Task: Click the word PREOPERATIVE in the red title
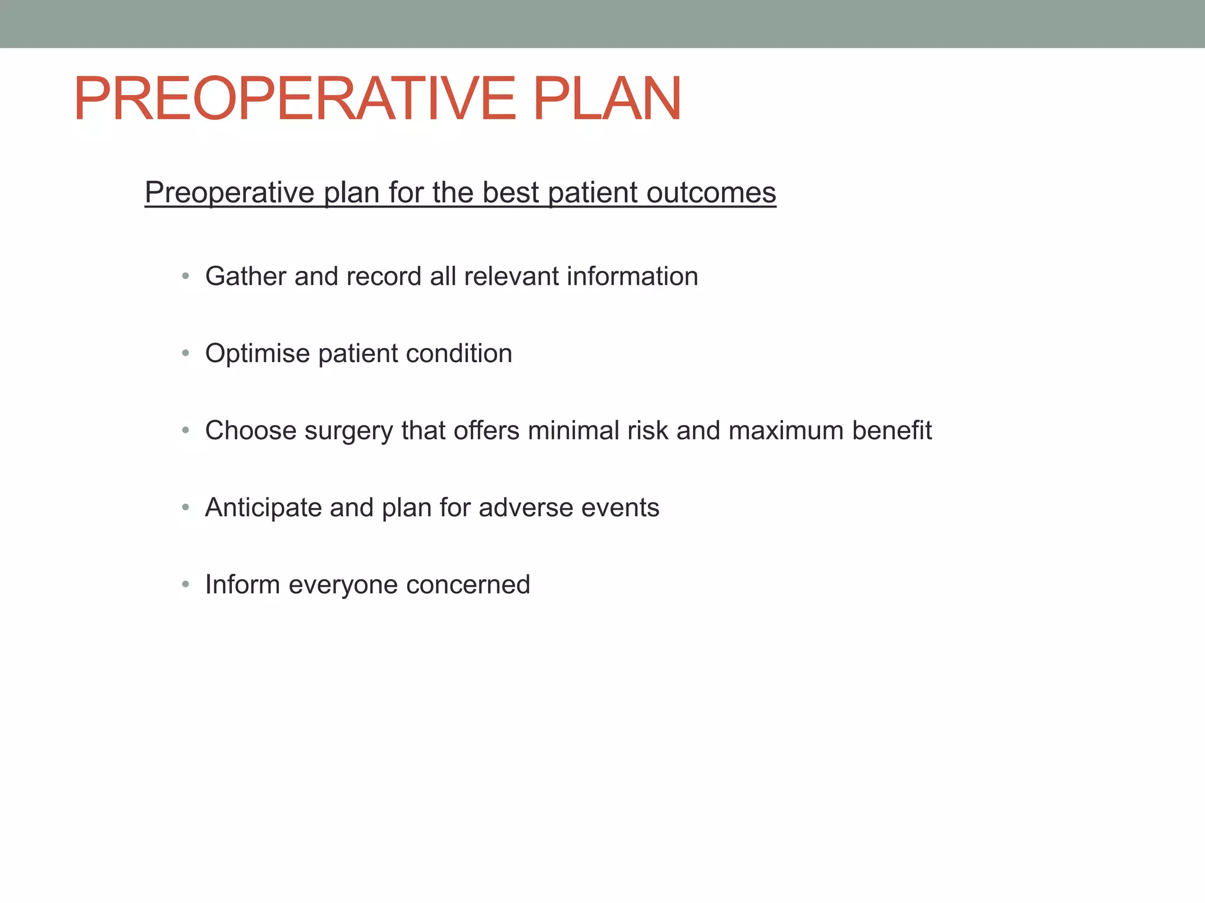[x=294, y=99]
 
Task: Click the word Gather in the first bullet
[x=246, y=276]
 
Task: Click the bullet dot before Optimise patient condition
[x=185, y=353]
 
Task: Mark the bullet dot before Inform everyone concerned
[x=185, y=584]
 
